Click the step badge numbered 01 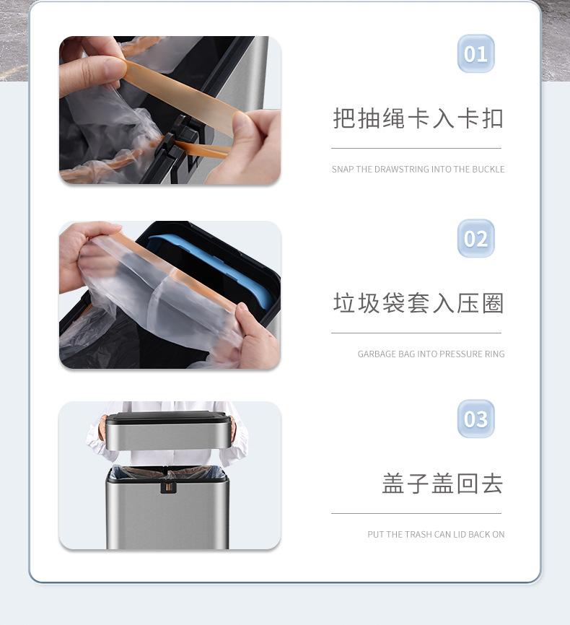click(x=475, y=54)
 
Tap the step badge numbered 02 click(x=475, y=238)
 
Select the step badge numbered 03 click(x=475, y=419)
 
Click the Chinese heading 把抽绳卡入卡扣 click(x=418, y=118)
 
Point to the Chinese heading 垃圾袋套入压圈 click(x=418, y=303)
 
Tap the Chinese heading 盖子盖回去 click(x=443, y=484)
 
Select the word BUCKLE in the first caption click(x=488, y=170)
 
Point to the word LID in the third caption click(x=459, y=535)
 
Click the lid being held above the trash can click(x=168, y=432)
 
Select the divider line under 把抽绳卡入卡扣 click(x=416, y=148)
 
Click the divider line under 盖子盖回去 click(x=416, y=513)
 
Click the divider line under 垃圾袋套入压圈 click(x=416, y=333)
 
